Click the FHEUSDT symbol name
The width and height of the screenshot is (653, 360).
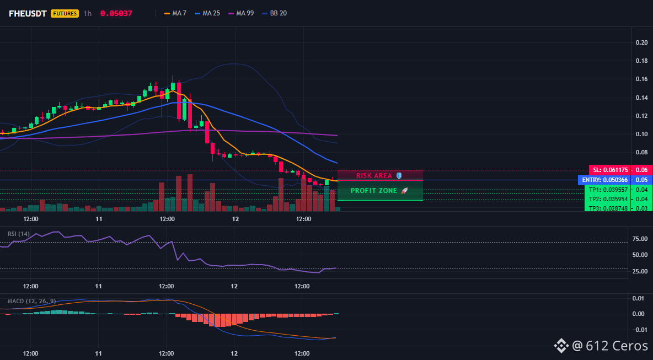point(28,13)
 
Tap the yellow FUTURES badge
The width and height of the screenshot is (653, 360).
point(65,13)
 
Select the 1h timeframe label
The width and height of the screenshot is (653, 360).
point(88,13)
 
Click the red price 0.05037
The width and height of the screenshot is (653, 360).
point(116,13)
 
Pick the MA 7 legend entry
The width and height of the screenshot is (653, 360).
point(175,13)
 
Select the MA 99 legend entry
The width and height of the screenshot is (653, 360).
point(241,13)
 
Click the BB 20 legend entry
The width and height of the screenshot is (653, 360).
point(275,13)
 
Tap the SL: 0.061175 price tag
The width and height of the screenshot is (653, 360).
point(610,170)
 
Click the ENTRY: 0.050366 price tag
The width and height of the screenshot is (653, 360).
point(604,180)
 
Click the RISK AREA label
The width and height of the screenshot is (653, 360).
point(374,176)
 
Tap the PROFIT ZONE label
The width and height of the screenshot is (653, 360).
point(374,191)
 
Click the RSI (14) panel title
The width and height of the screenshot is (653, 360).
point(19,234)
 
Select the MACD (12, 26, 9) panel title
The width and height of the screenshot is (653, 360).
point(31,301)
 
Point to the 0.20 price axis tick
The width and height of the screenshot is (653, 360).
point(641,42)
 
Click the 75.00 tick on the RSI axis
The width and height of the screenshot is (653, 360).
point(640,239)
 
